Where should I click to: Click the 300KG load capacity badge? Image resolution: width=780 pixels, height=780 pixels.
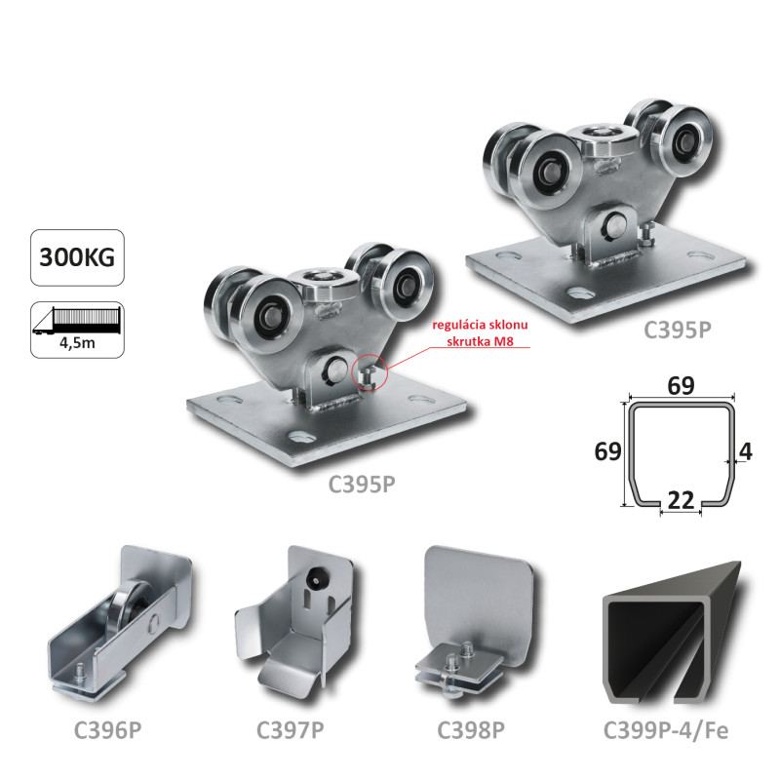pyautogui.click(x=77, y=257)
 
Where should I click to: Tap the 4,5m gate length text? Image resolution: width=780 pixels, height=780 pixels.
pyautogui.click(x=77, y=343)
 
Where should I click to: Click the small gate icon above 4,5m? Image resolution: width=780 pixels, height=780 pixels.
pyautogui.click(x=77, y=321)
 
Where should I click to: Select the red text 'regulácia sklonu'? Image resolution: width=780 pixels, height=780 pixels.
pyautogui.click(x=480, y=325)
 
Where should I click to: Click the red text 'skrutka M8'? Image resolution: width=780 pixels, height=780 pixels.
pyautogui.click(x=480, y=341)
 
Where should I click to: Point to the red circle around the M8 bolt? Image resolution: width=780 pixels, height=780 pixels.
pyautogui.click(x=369, y=372)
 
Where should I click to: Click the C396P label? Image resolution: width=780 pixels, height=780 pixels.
pyautogui.click(x=107, y=730)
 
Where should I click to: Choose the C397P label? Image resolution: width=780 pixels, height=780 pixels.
pyautogui.click(x=290, y=730)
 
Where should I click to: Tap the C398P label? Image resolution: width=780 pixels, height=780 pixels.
pyautogui.click(x=471, y=730)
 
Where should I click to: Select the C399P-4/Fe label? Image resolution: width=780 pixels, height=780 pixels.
pyautogui.click(x=666, y=730)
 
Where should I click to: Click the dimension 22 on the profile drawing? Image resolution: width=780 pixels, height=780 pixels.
pyautogui.click(x=681, y=500)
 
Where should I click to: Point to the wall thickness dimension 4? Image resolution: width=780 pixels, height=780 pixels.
pyautogui.click(x=746, y=451)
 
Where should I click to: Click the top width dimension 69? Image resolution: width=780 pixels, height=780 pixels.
pyautogui.click(x=681, y=385)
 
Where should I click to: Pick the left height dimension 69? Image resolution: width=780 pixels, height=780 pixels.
pyautogui.click(x=607, y=451)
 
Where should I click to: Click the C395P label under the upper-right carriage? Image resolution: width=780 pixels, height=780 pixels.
pyautogui.click(x=677, y=330)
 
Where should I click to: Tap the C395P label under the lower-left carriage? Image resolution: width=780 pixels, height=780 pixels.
pyautogui.click(x=362, y=484)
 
